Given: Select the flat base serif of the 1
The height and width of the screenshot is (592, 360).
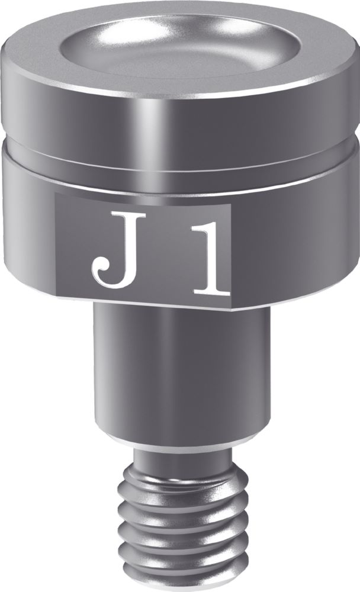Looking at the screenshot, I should coord(210,292).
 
